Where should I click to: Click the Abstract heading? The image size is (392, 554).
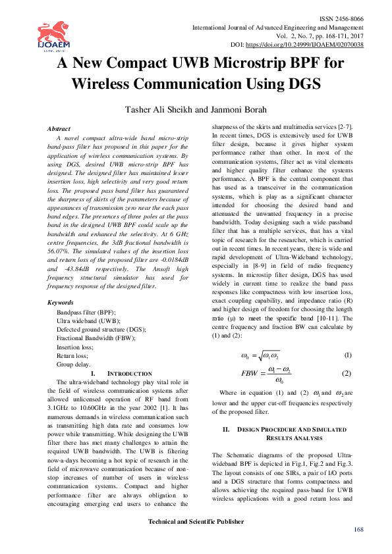tap(60, 129)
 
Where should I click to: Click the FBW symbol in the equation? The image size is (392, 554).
tap(250, 374)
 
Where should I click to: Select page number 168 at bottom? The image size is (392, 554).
tap(358, 530)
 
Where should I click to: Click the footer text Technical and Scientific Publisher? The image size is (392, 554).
tap(195, 522)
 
